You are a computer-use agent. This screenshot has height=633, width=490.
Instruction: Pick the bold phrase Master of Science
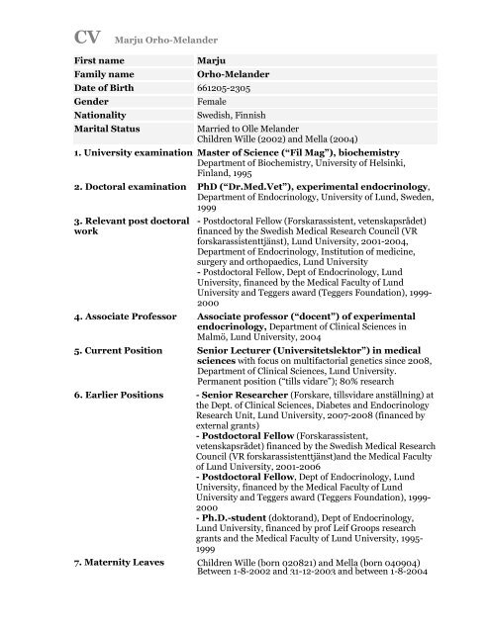(255, 182)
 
